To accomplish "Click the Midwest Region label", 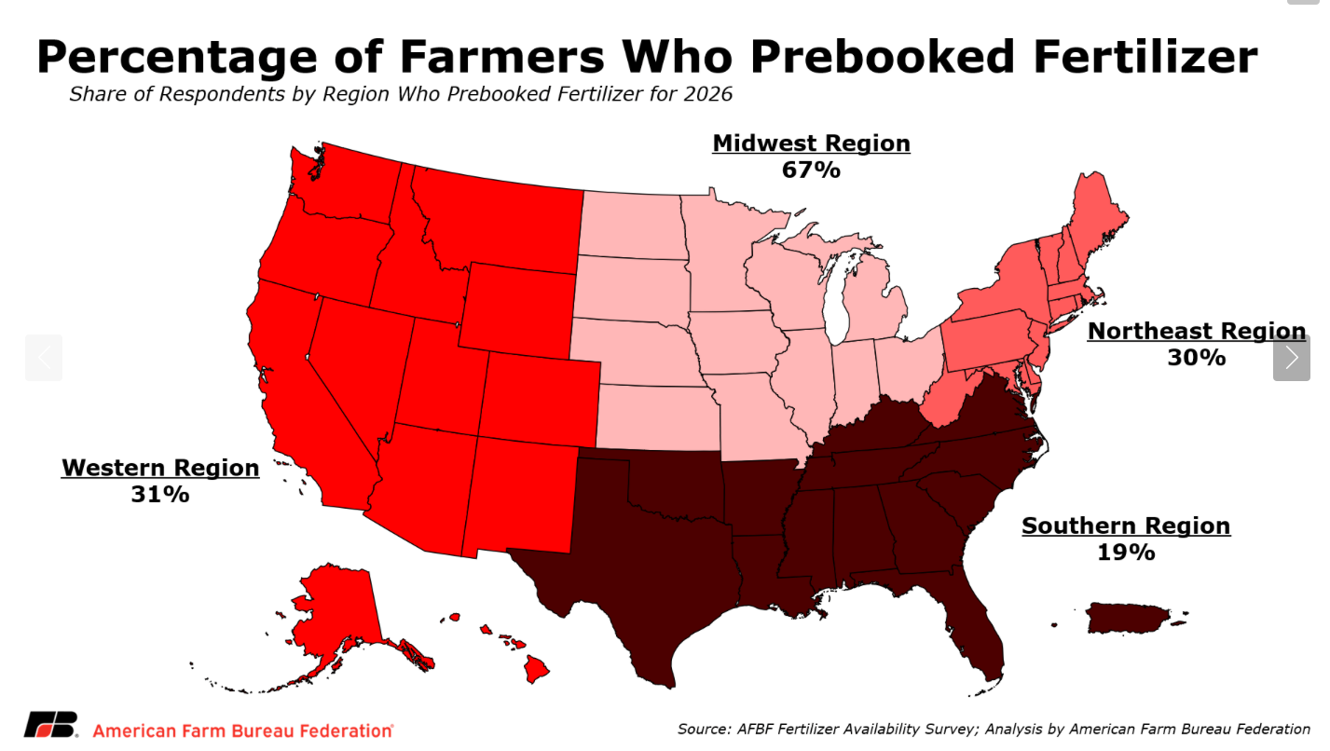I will (x=811, y=143).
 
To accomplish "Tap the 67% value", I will (x=811, y=171).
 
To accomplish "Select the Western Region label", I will (x=160, y=468).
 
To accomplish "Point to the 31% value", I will (x=160, y=495).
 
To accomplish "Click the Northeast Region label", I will (x=1197, y=331).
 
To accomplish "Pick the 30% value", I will (x=1197, y=358).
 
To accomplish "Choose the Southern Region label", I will (x=1126, y=526).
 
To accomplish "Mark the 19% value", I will (x=1126, y=553).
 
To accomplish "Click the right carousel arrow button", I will (x=1291, y=358).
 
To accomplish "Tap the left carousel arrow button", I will (x=44, y=358).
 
